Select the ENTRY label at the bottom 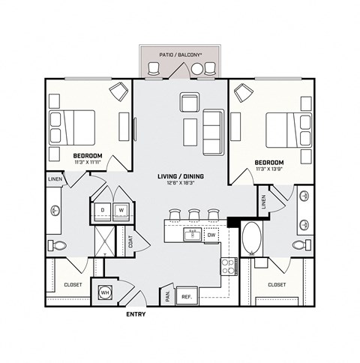point(135,314)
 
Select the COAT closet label point(130,242)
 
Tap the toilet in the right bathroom point(300,245)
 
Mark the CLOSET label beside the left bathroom point(72,285)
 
